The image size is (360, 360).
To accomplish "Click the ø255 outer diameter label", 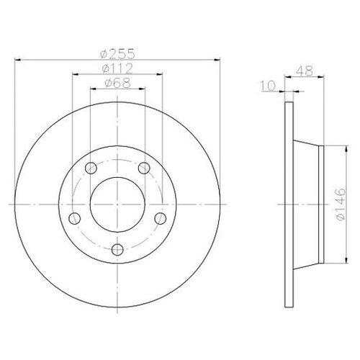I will [x=117, y=52].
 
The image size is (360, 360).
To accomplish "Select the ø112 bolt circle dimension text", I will [x=117, y=69].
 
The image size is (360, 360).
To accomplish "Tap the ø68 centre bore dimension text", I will [x=117, y=85].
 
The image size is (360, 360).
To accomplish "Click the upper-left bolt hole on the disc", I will [x=90, y=169].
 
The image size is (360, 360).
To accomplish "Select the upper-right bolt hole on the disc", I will [x=144, y=169].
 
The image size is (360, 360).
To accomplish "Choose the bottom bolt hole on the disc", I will [x=117, y=250].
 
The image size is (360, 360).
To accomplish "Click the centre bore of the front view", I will [x=117, y=202].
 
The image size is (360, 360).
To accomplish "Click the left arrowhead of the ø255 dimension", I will [x=17, y=60].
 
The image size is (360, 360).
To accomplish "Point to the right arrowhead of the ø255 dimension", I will [x=216, y=60].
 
